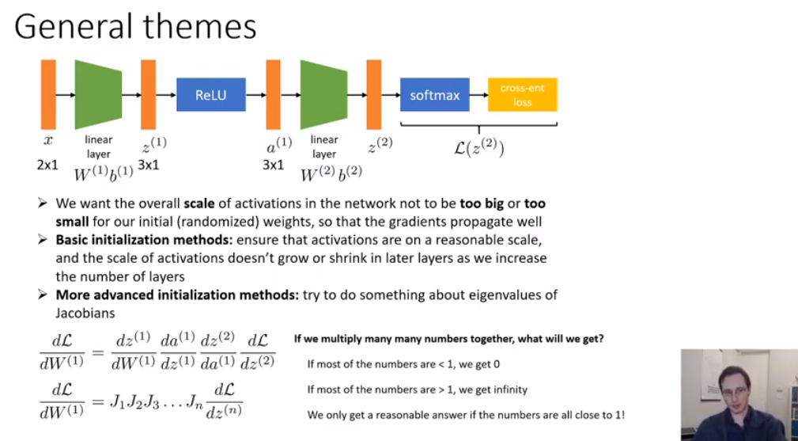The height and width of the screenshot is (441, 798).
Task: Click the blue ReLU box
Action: (x=211, y=95)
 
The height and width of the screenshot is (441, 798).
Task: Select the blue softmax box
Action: (x=434, y=95)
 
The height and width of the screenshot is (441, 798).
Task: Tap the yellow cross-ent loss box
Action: (x=522, y=95)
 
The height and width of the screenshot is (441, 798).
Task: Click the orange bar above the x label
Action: (x=48, y=94)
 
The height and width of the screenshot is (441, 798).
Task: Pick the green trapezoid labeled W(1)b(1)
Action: (x=98, y=94)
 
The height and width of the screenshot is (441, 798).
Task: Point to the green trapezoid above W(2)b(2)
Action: (x=324, y=94)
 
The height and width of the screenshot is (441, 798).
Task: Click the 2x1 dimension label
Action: (x=47, y=165)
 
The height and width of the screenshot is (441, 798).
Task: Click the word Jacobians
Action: (x=86, y=313)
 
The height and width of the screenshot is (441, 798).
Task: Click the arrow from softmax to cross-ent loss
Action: (x=478, y=95)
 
